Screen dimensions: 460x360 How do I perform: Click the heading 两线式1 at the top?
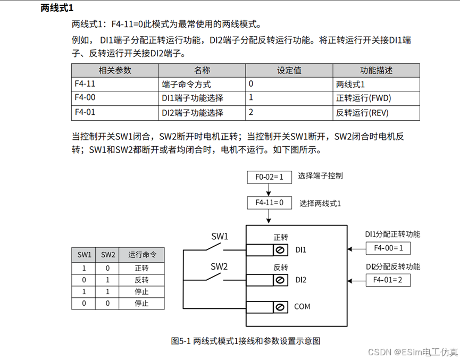(x=56, y=8)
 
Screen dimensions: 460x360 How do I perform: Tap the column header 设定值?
(x=289, y=70)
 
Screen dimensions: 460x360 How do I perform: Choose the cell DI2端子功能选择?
(x=193, y=113)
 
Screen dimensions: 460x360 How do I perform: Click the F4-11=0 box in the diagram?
(x=270, y=203)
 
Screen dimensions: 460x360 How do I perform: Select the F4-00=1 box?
(x=388, y=248)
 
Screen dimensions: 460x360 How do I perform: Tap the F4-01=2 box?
(x=388, y=280)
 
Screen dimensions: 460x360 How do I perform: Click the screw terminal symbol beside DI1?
(x=279, y=250)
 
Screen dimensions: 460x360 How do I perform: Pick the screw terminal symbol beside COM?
(x=279, y=307)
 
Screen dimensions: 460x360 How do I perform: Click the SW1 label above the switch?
(x=220, y=236)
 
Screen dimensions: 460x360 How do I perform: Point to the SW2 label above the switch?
(x=219, y=266)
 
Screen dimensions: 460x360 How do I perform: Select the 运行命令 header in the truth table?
(x=141, y=255)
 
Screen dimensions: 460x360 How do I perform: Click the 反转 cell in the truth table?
(x=141, y=280)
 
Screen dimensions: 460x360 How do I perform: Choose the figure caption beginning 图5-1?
(x=246, y=340)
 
